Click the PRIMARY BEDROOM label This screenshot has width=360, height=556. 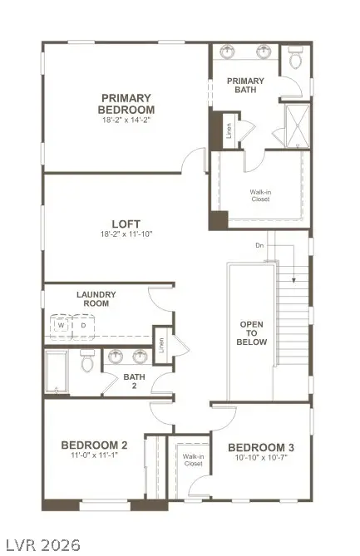[x=126, y=103]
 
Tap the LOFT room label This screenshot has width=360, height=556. [x=126, y=223]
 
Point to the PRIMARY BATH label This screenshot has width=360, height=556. [x=245, y=86]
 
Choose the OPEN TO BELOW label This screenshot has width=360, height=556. [x=252, y=332]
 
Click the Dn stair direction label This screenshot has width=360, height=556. [x=259, y=245]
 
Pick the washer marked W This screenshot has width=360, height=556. [x=62, y=326]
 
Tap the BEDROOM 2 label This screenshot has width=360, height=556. [x=94, y=445]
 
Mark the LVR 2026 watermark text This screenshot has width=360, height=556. [x=41, y=545]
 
